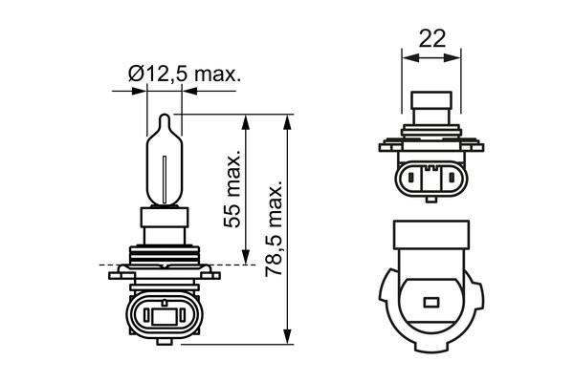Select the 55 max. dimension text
click(x=232, y=187)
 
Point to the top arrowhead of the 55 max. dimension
click(x=247, y=121)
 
